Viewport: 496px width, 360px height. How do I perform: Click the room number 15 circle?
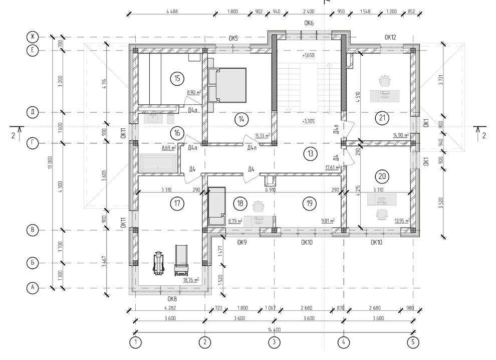177,78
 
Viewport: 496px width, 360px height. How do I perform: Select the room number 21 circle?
382,118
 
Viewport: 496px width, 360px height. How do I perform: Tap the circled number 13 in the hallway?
310,153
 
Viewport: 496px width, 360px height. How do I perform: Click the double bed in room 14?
227,85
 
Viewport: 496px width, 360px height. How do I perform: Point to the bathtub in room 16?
157,163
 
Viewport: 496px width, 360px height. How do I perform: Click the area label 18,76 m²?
191,280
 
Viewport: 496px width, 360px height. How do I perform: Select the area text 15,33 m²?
262,136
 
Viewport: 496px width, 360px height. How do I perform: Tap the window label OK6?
309,23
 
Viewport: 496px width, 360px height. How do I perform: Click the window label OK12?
390,38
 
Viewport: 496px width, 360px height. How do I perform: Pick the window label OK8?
172,299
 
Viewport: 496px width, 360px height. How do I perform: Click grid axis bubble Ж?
32,37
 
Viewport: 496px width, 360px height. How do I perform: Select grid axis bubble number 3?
274,342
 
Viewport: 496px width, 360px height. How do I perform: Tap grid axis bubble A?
32,288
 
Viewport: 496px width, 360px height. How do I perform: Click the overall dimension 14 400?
274,329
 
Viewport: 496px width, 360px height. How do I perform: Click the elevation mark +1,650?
309,56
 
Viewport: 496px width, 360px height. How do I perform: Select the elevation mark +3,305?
309,121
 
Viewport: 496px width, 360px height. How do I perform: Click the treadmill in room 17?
181,260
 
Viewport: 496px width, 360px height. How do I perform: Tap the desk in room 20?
382,200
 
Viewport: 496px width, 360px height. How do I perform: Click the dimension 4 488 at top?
172,12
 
